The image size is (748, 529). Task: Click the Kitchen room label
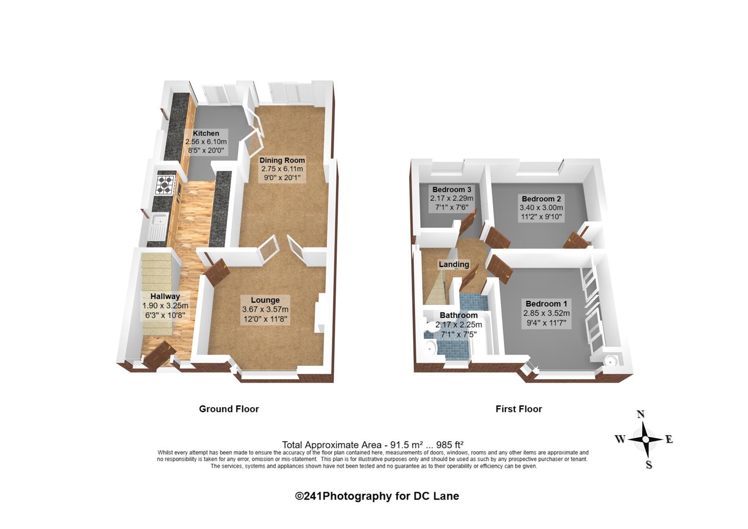206,133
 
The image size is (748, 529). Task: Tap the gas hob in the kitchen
166,184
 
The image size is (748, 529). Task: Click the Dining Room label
282,160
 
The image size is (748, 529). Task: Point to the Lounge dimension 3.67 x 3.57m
266,310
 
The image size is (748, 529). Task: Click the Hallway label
165,296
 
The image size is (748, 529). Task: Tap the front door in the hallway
160,355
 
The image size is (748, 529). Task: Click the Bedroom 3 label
452,190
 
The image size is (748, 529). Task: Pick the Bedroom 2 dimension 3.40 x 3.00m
541,208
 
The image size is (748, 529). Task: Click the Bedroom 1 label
547,304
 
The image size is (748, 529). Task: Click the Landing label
454,264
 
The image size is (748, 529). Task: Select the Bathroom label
458,315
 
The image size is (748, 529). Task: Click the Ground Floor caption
229,409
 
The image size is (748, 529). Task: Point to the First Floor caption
519,409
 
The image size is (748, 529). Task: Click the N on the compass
641,414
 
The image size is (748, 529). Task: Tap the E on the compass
669,439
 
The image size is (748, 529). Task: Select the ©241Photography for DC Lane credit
377,496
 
